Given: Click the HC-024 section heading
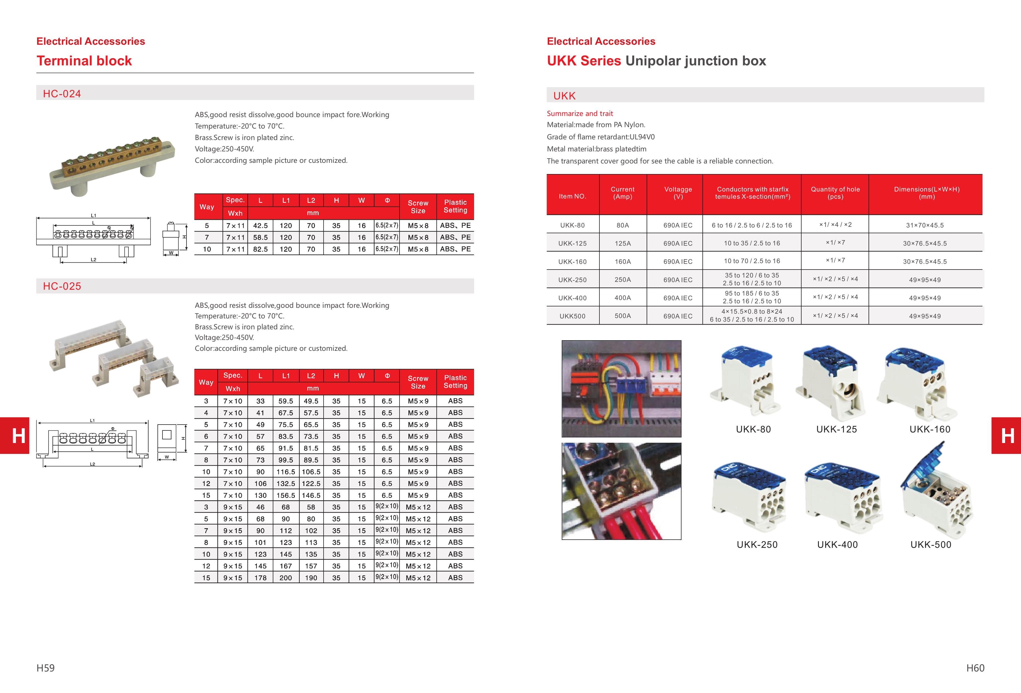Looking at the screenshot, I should [x=62, y=94].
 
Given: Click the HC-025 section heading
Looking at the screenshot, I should [x=62, y=286].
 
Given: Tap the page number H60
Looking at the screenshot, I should [x=975, y=668].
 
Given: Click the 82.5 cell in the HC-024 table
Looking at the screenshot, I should [x=260, y=249].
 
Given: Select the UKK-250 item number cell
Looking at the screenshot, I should [x=572, y=280].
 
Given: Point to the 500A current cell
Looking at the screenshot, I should [x=623, y=316].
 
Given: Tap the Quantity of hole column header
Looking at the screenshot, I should [x=835, y=193].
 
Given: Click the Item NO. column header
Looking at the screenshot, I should [x=572, y=196].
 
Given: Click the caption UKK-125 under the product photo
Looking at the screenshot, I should [x=836, y=429].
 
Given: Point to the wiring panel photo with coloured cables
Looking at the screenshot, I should [x=621, y=389].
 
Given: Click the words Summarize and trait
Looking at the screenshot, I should [x=580, y=113].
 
